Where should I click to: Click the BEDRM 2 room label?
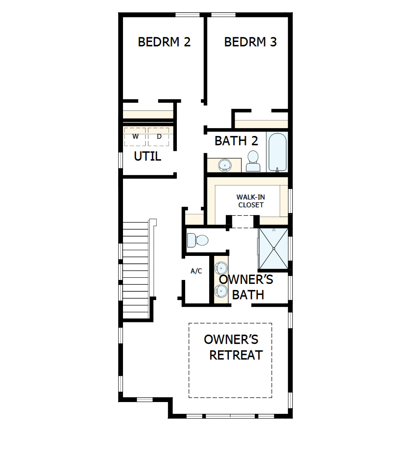click(164, 42)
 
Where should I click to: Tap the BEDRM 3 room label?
click(250, 42)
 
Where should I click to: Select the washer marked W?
click(135, 137)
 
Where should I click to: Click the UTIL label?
click(148, 156)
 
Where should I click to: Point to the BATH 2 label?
click(236, 141)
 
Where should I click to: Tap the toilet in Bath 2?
click(253, 161)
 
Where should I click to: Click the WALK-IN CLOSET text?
click(250, 201)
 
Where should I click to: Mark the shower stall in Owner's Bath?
click(274, 248)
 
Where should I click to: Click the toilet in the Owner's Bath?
click(198, 240)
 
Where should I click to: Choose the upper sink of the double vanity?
click(221, 267)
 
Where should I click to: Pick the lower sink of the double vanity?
click(221, 290)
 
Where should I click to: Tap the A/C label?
click(196, 271)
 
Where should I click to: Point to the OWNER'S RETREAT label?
click(233, 347)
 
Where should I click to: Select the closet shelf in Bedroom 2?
click(148, 115)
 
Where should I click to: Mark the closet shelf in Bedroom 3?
click(261, 124)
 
